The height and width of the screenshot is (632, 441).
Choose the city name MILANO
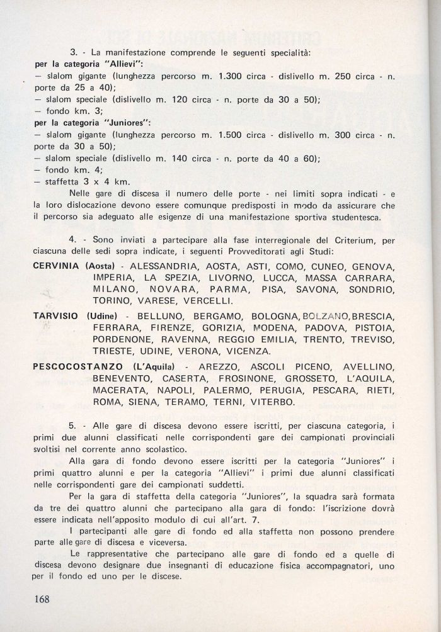point(113,290)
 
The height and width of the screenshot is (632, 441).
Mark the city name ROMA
point(107,402)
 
